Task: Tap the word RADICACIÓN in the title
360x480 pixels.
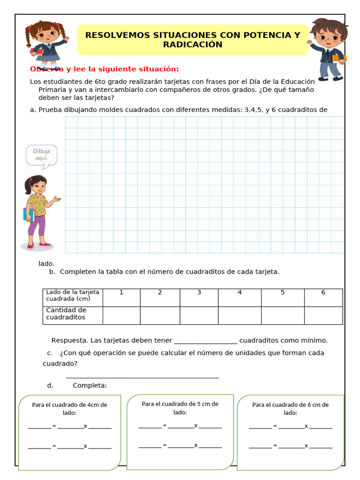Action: click(193, 45)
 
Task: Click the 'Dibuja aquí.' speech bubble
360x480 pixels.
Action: click(41, 155)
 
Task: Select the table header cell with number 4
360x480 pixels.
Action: click(240, 292)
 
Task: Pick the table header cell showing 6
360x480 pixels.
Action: click(323, 292)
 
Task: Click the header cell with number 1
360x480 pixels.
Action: click(121, 292)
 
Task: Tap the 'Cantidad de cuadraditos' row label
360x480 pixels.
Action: click(66, 314)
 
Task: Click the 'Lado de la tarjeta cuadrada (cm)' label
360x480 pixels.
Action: click(73, 295)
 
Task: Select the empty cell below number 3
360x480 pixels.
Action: click(199, 315)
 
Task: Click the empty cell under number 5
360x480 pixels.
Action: click(283, 315)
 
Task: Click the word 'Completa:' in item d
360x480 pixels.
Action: click(90, 385)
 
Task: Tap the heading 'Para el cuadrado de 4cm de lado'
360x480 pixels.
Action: click(69, 408)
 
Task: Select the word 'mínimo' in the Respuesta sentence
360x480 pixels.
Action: click(315, 340)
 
